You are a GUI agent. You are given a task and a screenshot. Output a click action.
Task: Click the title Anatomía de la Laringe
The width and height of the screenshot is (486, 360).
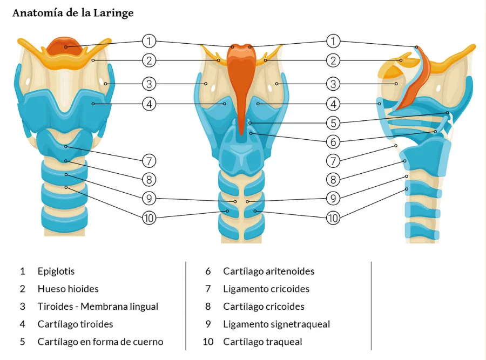point(73,13)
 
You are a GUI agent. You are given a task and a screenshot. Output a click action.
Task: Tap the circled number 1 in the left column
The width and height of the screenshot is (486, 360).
point(150,41)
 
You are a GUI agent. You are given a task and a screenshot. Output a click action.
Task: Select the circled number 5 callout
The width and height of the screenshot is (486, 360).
point(334,123)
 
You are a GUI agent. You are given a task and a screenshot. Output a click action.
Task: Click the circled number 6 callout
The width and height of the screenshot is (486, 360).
point(334,142)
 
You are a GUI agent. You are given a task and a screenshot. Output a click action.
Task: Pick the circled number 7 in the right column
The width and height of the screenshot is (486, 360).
point(334,161)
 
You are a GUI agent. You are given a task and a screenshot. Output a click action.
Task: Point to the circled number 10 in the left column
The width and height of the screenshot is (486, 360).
point(150,218)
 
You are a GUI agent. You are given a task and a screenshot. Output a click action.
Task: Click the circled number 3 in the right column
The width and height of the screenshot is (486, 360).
point(334,84)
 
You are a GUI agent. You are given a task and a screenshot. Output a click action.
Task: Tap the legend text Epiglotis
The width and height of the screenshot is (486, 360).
point(56,271)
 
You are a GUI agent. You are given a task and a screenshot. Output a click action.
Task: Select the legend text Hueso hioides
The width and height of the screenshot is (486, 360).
point(68,289)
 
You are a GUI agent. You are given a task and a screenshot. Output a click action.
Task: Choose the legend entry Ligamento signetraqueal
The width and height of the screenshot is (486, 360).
point(276,324)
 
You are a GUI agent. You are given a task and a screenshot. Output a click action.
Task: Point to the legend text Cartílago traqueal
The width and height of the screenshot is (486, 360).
point(262,342)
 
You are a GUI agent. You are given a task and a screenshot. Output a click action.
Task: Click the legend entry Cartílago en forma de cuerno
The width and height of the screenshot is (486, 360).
point(100,342)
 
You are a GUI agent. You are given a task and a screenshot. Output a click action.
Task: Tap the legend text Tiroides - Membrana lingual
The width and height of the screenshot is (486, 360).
point(98,307)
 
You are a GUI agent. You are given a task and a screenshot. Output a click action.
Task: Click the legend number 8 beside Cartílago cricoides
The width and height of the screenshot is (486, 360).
point(208,307)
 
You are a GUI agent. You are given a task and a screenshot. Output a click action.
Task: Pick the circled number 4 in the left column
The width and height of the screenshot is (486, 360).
point(150,103)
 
